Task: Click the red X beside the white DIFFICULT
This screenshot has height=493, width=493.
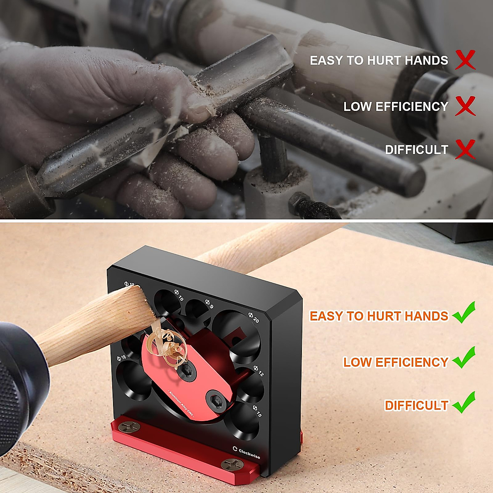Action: coord(465,149)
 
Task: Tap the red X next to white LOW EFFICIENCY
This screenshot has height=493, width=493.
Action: coord(465,106)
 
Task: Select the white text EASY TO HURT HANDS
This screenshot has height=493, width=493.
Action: coord(379,60)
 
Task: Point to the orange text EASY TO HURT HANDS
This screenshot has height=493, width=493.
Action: coord(379,316)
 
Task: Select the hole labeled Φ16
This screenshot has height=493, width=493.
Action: coord(134,380)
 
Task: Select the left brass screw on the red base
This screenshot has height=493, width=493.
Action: coord(129,427)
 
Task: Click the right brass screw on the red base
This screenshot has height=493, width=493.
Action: coord(232,465)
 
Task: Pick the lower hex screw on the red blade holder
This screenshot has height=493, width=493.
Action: coord(215,399)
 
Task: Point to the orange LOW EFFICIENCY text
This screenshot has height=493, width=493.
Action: coord(396,362)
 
